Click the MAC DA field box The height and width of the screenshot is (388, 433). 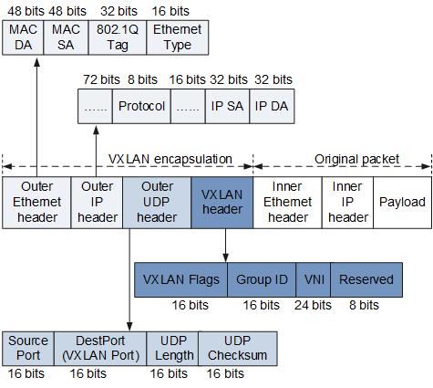click(x=23, y=37)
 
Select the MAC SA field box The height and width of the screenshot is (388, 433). click(x=66, y=37)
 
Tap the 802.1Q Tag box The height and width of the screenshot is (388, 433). click(x=118, y=37)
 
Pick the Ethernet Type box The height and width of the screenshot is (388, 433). click(x=178, y=37)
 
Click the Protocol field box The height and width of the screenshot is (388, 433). click(x=141, y=106)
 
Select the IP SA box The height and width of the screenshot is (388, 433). click(x=227, y=106)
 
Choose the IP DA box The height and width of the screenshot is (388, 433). click(x=272, y=106)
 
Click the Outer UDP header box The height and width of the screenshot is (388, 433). click(x=157, y=203)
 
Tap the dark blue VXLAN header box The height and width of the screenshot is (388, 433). click(x=222, y=203)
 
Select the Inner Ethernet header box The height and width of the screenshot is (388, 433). click(x=287, y=203)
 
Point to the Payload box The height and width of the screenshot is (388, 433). click(x=402, y=203)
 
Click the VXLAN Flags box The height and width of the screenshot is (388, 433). click(x=180, y=279)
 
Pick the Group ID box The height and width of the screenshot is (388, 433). click(x=262, y=279)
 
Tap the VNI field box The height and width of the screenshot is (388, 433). click(x=314, y=279)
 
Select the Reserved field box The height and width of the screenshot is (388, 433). click(x=366, y=279)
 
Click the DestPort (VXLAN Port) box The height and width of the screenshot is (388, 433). click(x=100, y=349)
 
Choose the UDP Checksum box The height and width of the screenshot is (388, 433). click(x=238, y=349)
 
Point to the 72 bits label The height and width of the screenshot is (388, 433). click(x=101, y=79)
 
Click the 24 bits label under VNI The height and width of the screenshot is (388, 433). click(x=313, y=305)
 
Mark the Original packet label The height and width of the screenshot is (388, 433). click(x=356, y=159)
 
